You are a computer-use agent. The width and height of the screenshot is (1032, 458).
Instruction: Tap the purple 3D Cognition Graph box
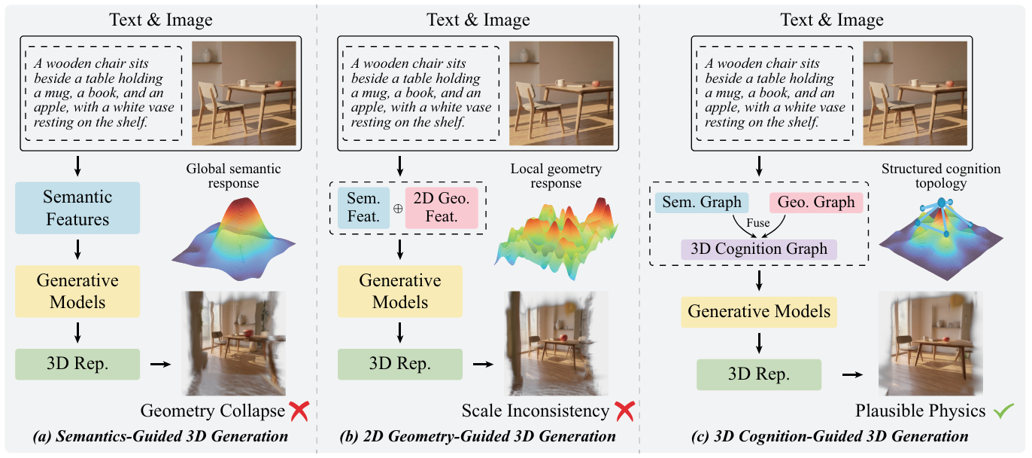[758, 249]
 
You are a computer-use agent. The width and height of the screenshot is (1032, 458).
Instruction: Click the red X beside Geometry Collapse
[299, 411]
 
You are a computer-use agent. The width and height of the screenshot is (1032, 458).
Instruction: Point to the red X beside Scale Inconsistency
[624, 411]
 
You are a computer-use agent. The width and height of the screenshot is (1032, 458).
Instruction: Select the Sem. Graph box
[701, 202]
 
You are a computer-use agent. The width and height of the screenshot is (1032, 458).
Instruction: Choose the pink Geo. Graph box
[817, 202]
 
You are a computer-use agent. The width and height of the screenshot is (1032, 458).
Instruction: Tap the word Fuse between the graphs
[758, 223]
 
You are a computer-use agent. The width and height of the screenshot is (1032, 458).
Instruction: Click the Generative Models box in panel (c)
[758, 311]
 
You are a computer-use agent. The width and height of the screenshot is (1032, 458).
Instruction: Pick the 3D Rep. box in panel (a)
[77, 364]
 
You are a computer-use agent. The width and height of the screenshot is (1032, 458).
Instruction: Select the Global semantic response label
[232, 176]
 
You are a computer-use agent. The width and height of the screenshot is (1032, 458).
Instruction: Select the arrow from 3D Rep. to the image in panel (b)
[482, 364]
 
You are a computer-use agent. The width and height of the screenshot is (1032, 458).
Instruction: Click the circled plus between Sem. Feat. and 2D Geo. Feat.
[397, 209]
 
